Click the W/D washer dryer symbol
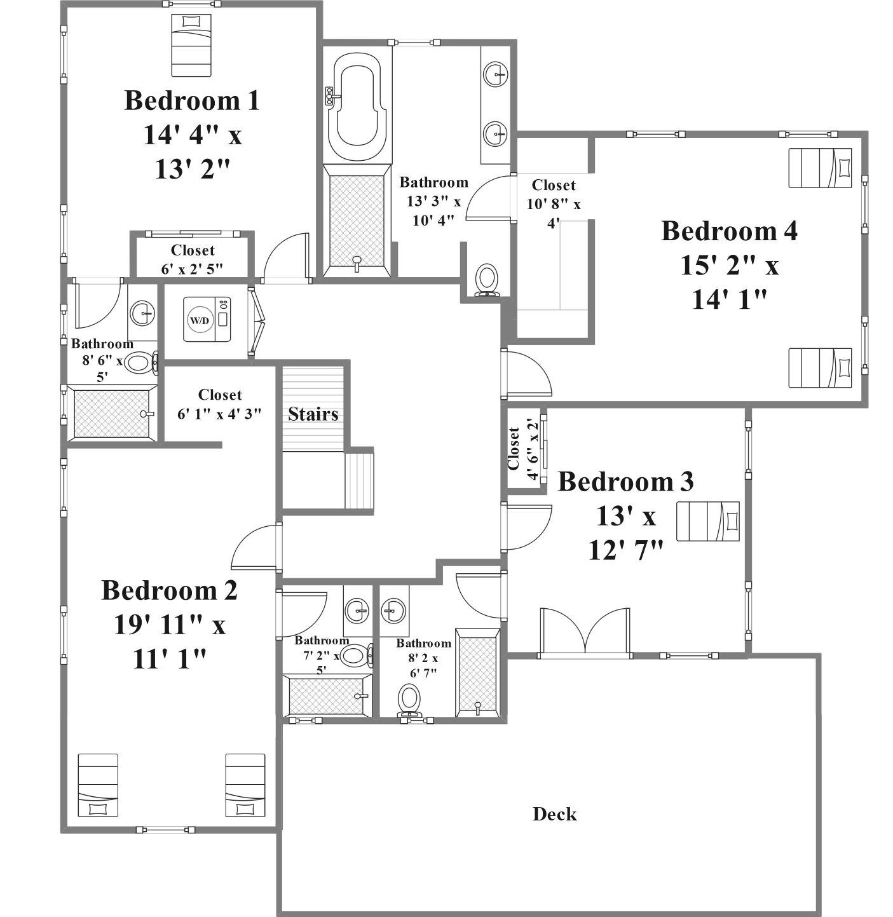(207, 319)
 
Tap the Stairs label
(313, 414)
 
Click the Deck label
(554, 814)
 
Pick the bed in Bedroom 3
(708, 521)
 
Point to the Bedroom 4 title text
(729, 231)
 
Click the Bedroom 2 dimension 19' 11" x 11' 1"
(170, 642)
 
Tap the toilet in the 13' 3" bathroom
(487, 280)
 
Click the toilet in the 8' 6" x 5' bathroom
(140, 363)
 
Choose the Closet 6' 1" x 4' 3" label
(220, 404)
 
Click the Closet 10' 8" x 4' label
(554, 203)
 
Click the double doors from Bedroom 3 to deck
(585, 632)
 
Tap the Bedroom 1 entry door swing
(286, 258)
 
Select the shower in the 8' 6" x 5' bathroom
(112, 413)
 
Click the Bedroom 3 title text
(626, 482)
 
